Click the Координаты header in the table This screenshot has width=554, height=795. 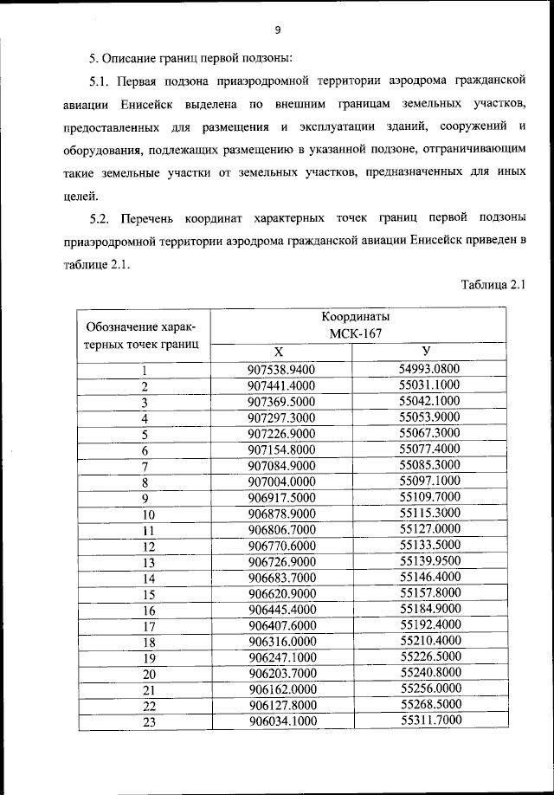[358, 318]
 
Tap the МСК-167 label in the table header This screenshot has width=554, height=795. [358, 333]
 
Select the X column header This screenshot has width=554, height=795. [278, 352]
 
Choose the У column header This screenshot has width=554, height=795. [426, 351]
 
